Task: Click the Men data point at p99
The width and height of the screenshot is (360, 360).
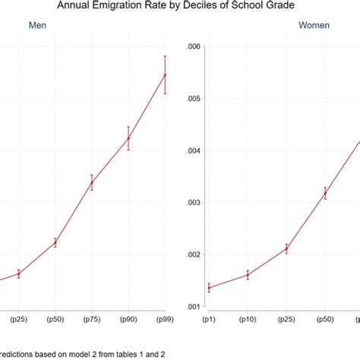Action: [165, 74]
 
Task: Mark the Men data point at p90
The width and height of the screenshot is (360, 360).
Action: [128, 138]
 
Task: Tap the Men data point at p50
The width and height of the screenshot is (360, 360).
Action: [55, 242]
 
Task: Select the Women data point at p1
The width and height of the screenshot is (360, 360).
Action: [209, 288]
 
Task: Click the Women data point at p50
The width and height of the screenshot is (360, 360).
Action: [325, 194]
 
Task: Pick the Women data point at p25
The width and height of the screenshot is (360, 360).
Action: [286, 248]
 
